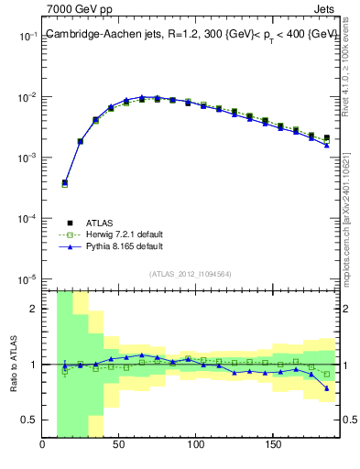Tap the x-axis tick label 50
[119, 446]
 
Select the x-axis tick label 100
[195, 446]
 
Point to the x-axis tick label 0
[43, 446]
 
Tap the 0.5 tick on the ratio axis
[28, 420]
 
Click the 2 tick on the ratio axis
[32, 309]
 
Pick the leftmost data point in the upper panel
[64, 183]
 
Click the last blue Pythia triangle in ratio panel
[326, 388]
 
